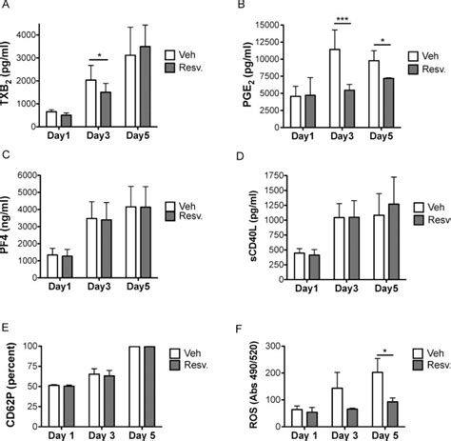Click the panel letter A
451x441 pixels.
(7, 7)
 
